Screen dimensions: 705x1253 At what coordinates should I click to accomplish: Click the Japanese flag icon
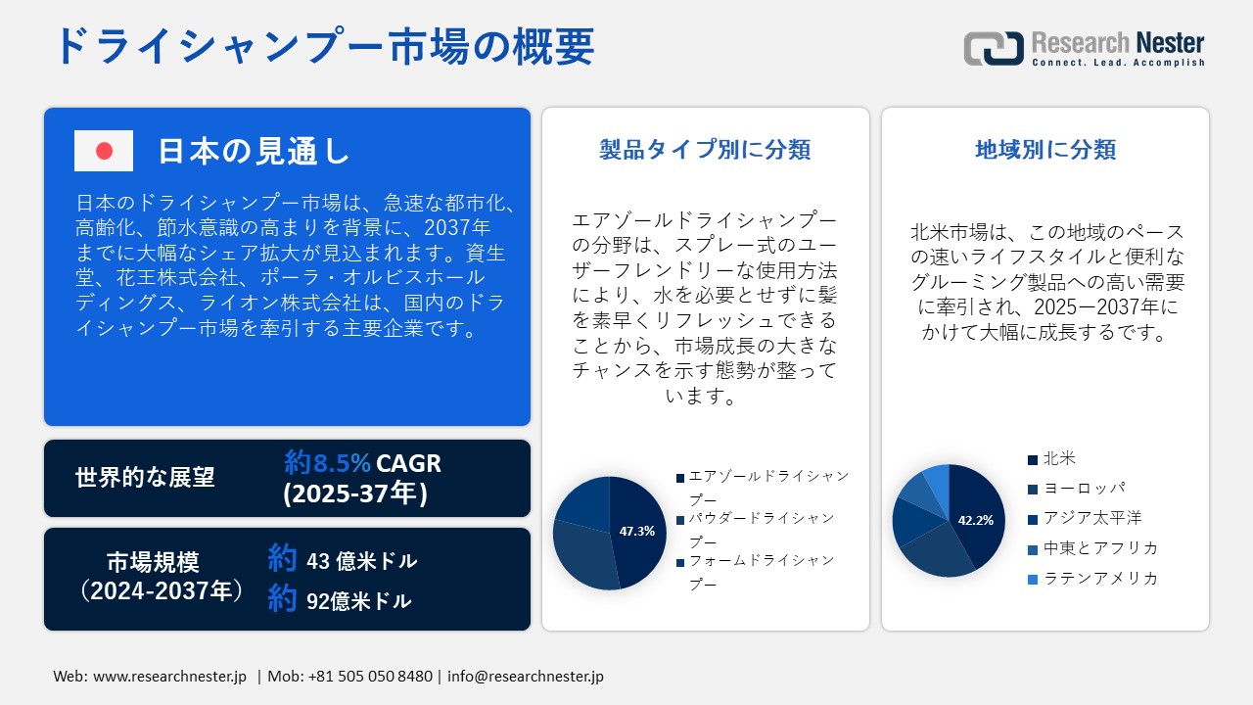[x=104, y=151]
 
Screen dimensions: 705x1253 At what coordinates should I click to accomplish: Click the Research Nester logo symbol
[x=994, y=48]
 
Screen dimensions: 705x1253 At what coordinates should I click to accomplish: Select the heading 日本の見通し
[x=254, y=151]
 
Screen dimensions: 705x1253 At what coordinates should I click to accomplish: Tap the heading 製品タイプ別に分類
[x=705, y=149]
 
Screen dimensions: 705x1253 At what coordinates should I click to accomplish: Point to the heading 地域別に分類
[x=1045, y=149]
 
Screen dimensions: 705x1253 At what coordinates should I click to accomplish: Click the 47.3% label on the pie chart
[x=637, y=532]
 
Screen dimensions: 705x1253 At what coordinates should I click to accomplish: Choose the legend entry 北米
[x=1059, y=458]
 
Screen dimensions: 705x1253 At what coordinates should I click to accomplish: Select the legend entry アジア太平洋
[x=1092, y=518]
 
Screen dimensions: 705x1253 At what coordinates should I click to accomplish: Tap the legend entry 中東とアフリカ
[x=1100, y=548]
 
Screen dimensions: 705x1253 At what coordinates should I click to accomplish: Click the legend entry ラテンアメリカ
[x=1100, y=579]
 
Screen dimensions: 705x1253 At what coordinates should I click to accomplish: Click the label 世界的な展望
[x=145, y=477]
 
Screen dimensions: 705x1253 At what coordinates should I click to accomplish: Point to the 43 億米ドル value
[x=361, y=561]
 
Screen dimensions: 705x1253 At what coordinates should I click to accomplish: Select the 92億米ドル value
[x=358, y=601]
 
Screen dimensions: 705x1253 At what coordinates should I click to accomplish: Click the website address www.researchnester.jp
[x=169, y=677]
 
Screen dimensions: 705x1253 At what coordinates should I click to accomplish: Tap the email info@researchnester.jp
[x=526, y=677]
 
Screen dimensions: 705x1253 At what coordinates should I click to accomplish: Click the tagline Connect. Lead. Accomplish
[x=1118, y=63]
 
